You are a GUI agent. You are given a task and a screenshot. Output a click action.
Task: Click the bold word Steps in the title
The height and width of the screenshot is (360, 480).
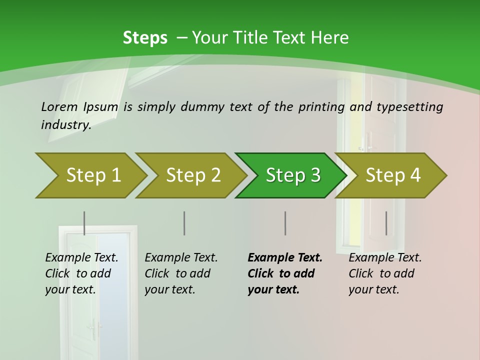click(x=145, y=38)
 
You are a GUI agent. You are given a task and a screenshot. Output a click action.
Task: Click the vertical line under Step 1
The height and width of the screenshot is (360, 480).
click(x=84, y=223)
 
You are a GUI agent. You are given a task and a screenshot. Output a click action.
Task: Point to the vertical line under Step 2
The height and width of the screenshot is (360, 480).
click(x=184, y=223)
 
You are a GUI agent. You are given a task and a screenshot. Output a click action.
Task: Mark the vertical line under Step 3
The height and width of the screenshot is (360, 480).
click(x=285, y=223)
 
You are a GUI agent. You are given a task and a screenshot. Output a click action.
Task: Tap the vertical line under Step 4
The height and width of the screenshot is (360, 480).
click(x=386, y=223)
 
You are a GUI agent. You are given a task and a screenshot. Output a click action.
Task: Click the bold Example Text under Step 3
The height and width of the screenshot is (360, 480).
click(x=285, y=258)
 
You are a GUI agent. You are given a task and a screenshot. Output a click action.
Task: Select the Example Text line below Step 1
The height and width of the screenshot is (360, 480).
click(x=81, y=258)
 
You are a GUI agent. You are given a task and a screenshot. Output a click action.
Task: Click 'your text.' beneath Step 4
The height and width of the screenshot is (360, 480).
click(x=373, y=289)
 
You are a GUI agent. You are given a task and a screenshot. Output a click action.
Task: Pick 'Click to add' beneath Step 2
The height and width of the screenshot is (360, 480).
click(x=177, y=274)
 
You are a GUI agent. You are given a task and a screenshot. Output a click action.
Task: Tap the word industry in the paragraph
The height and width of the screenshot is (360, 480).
click(x=65, y=124)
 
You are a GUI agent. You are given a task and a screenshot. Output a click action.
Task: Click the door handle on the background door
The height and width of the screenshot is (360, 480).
click(x=92, y=328)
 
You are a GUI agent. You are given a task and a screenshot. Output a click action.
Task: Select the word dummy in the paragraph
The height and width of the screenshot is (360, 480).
click(x=202, y=107)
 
